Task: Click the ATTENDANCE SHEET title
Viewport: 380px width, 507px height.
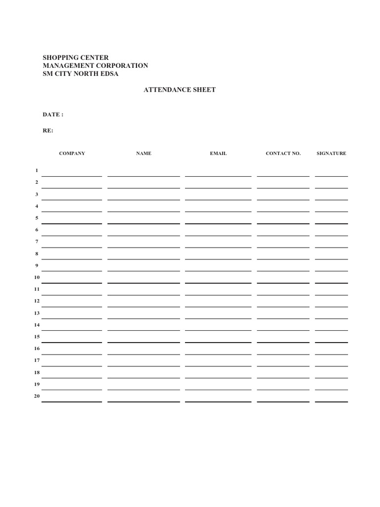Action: (179, 90)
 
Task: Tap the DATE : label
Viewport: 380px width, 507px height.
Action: (53, 114)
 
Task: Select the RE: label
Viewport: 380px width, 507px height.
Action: (48, 131)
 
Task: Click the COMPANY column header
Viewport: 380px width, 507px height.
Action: (72, 153)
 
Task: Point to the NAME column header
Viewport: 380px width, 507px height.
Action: (143, 153)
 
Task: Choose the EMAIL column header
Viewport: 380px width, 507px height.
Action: (218, 153)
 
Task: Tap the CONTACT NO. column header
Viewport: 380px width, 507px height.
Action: (283, 153)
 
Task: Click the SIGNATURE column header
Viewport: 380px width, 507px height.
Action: (332, 153)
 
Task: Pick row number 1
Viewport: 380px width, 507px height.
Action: (37, 171)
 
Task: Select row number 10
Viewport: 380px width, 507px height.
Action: (37, 277)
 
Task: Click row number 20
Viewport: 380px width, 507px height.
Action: (37, 396)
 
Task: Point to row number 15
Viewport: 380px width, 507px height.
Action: (37, 337)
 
